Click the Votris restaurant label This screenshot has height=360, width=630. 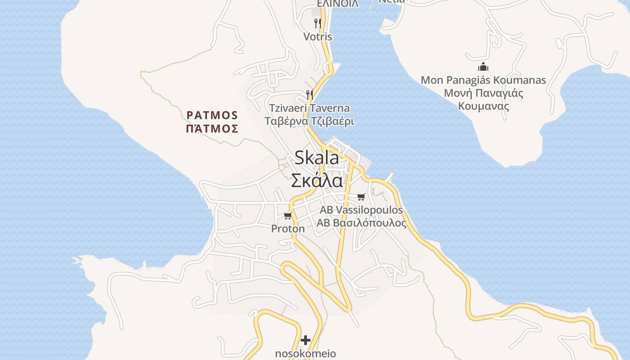tap(318, 37)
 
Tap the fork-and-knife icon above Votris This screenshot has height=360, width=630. tap(318, 23)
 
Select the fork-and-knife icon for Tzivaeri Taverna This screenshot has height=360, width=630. tap(309, 94)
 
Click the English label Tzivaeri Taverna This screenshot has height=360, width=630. tap(309, 108)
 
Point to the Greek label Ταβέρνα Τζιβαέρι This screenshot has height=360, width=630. tap(309, 121)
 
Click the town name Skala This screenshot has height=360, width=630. tap(317, 158)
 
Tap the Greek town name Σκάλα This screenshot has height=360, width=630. tap(317, 181)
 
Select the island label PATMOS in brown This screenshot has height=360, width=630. tap(212, 115)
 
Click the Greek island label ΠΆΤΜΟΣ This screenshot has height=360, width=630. tap(212, 129)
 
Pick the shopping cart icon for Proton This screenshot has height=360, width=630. tap(288, 216)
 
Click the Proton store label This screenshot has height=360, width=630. tap(288, 229)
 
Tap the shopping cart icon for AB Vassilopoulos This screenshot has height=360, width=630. tap(361, 197)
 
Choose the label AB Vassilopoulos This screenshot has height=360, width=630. tap(361, 210)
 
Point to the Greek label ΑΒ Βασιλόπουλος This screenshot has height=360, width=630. tap(361, 223)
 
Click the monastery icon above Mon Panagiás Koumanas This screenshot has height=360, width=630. tap(483, 67)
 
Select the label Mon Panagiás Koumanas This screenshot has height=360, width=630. tap(483, 81)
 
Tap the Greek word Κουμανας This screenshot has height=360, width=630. tap(483, 107)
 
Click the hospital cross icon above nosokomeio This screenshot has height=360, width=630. tap(306, 340)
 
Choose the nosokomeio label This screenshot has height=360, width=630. tap(306, 354)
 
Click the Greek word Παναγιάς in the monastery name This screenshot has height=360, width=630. tap(496, 94)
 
